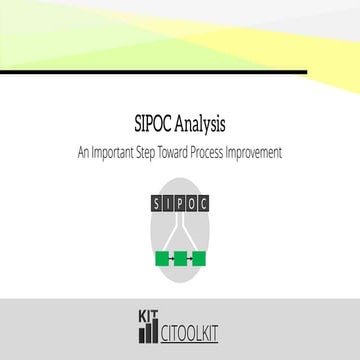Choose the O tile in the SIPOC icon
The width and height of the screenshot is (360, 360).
pos(193,203)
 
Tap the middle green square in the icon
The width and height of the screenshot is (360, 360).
pos(180,259)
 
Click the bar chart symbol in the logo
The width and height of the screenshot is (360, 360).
pos(148,327)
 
